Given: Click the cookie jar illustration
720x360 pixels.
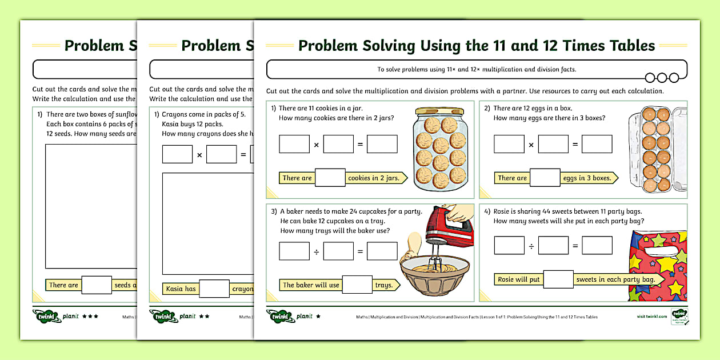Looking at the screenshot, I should pyautogui.click(x=441, y=149).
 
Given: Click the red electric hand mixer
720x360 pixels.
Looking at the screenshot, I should pyautogui.click(x=451, y=226).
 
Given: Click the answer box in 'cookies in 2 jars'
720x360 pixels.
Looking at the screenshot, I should pyautogui.click(x=330, y=178).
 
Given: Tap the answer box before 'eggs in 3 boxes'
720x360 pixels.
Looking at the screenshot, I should pyautogui.click(x=545, y=178).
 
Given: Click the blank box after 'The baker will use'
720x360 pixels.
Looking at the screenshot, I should pyautogui.click(x=357, y=285).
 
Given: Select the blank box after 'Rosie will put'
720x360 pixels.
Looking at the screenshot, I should pyautogui.click(x=558, y=279).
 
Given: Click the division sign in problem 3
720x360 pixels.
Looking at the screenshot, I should pyautogui.click(x=317, y=251).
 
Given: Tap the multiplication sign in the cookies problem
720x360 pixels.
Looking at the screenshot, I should pyautogui.click(x=317, y=145).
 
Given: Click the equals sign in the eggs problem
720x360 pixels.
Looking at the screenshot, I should pyautogui.click(x=575, y=145).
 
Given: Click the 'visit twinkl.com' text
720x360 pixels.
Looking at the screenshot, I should pyautogui.click(x=651, y=317).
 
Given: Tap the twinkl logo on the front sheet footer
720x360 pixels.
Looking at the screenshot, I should pyautogui.click(x=280, y=316).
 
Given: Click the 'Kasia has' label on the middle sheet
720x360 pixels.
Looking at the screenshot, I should pyautogui.click(x=181, y=289).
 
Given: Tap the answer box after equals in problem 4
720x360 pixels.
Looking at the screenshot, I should pyautogui.click(x=597, y=246).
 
